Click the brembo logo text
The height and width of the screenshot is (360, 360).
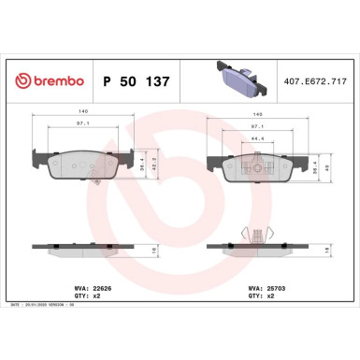51,82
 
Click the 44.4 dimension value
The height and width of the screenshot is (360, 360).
258,137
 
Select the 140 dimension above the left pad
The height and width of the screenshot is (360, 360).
82,112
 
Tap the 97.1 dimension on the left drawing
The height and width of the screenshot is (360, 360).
82,124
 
